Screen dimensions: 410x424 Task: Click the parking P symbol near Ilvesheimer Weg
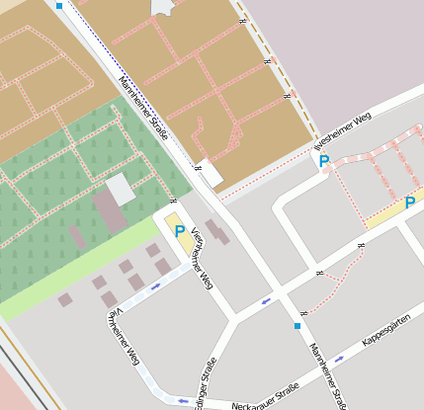coord(323,161)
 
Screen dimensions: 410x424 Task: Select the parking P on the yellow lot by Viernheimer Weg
coord(179,232)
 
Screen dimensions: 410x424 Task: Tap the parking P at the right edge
coord(409,204)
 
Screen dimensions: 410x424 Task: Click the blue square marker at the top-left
coord(58,6)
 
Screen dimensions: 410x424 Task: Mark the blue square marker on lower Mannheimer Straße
coord(297,325)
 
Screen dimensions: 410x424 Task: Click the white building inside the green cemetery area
coord(120,188)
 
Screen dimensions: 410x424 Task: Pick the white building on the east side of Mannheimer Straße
coord(210,174)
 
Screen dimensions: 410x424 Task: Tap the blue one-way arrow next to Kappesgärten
coord(339,360)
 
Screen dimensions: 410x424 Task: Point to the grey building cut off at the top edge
coord(163,8)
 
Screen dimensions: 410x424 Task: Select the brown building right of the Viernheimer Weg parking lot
coord(216,232)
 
